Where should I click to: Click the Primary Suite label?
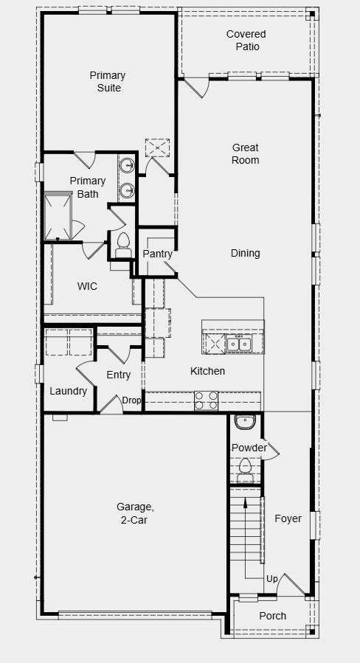tap(107, 82)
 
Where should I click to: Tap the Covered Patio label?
tap(246, 41)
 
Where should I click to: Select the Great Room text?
tap(246, 154)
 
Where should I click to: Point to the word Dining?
tap(245, 253)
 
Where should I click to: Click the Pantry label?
tap(157, 254)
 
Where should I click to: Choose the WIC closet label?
tap(87, 286)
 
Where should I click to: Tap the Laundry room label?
tap(68, 392)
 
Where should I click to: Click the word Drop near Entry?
tap(131, 400)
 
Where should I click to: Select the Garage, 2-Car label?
tap(135, 513)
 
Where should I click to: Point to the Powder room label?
tap(249, 448)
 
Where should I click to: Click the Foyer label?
tap(288, 518)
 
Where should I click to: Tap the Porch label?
tap(272, 616)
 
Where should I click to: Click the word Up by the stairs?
tap(271, 580)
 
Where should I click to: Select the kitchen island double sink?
tap(238, 344)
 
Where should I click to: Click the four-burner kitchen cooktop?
tap(206, 400)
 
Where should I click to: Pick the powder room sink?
tap(244, 423)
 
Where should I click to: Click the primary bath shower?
tap(58, 217)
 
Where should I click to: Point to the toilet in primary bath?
tap(122, 242)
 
